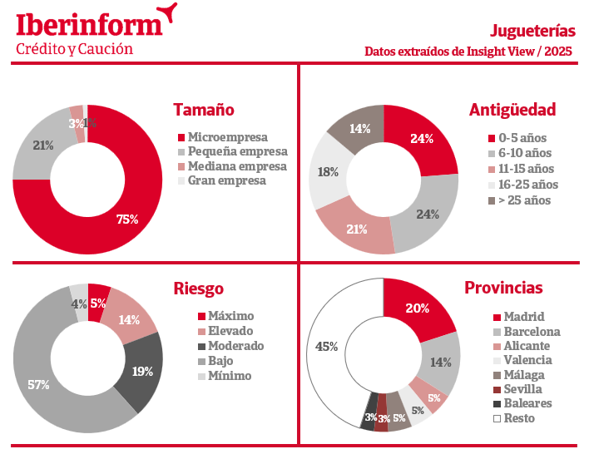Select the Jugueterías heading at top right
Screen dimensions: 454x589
[x=532, y=31]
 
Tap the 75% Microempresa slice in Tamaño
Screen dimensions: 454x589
[x=125, y=218]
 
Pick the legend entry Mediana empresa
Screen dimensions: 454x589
[x=236, y=165]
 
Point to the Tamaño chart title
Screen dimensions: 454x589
[x=203, y=110]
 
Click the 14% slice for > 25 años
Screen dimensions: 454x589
[x=359, y=129]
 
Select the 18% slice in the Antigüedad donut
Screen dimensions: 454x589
[x=327, y=172]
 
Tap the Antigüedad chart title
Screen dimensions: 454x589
[x=512, y=110]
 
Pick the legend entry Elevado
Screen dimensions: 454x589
[x=230, y=331]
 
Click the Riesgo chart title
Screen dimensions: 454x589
[x=198, y=289]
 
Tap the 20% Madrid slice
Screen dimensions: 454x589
[x=418, y=308]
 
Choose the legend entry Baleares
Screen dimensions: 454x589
[x=527, y=403]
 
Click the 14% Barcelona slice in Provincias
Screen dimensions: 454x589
[x=440, y=363]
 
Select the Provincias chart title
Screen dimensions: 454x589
[x=503, y=289]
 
